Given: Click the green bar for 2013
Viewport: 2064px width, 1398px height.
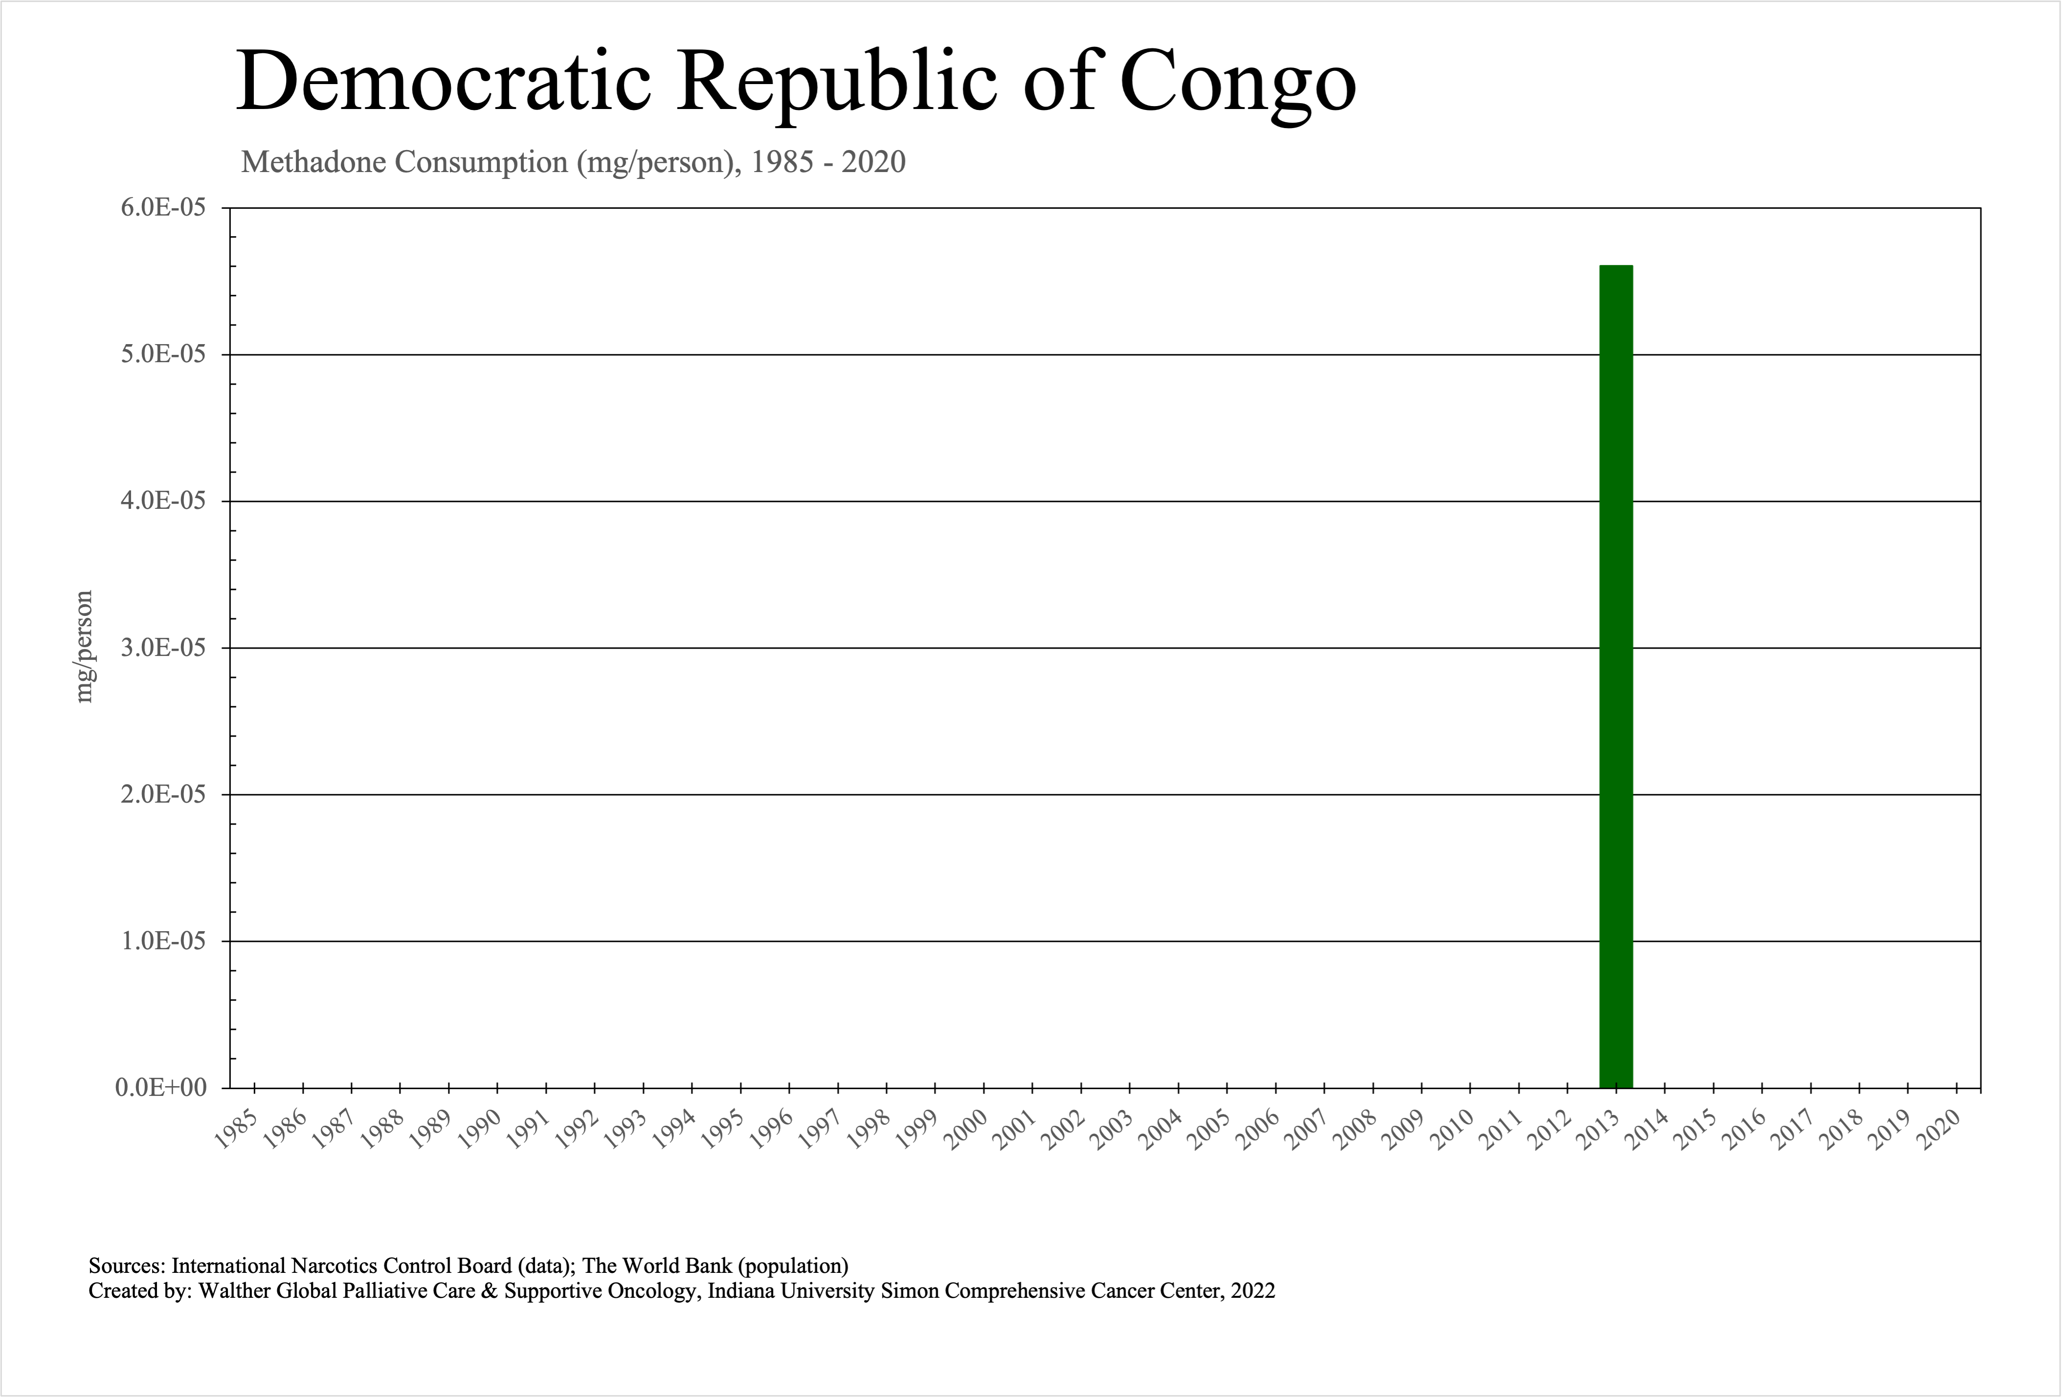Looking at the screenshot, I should click(1616, 677).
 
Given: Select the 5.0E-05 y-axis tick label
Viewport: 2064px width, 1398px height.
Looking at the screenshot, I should click(162, 354).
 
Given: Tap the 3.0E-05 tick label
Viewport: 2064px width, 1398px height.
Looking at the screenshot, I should click(162, 648).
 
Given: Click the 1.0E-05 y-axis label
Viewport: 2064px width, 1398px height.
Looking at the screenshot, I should click(162, 941).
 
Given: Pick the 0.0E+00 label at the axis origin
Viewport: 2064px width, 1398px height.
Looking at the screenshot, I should click(161, 1087).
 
